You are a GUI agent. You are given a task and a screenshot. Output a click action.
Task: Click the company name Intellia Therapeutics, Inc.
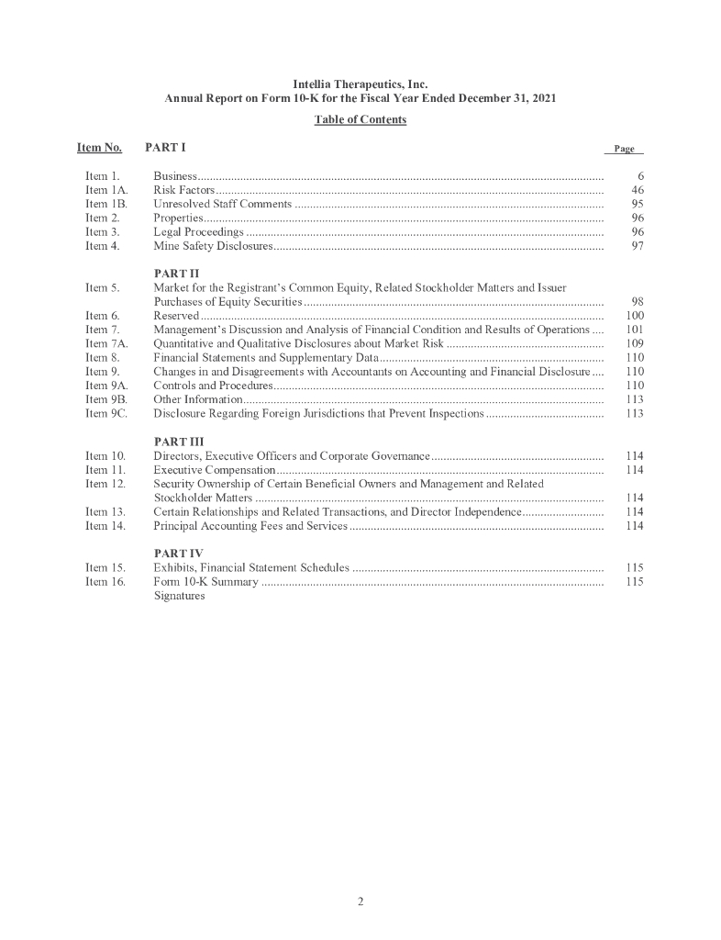pos(360,84)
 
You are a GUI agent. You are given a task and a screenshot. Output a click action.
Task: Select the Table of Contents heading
pos(360,119)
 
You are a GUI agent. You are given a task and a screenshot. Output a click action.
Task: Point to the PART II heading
pos(176,274)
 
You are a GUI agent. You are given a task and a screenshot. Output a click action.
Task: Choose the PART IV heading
pos(176,553)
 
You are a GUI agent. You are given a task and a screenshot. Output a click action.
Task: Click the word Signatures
pos(179,595)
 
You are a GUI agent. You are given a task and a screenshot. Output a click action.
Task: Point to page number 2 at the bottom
pos(360,901)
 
